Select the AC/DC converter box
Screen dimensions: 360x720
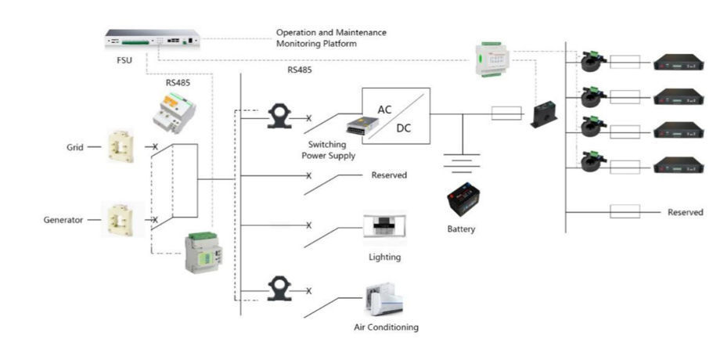(x=395, y=116)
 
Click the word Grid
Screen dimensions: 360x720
(x=75, y=146)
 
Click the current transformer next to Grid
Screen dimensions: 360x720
(x=121, y=146)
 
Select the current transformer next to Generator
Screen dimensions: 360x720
(x=121, y=219)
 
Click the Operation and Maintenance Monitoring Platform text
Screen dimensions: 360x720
(x=331, y=38)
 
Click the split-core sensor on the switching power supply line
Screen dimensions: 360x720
(x=279, y=116)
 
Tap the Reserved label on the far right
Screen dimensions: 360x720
(x=686, y=212)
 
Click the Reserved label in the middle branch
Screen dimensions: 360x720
(x=389, y=175)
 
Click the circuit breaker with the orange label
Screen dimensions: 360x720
(x=173, y=110)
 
